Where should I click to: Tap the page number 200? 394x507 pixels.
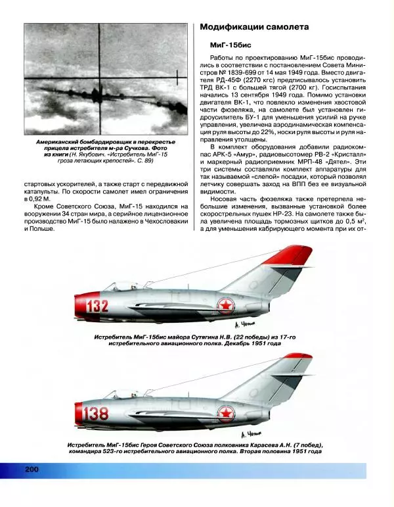(x=33, y=468)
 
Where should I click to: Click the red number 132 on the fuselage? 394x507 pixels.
(x=97, y=306)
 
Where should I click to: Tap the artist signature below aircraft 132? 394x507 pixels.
(x=244, y=327)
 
